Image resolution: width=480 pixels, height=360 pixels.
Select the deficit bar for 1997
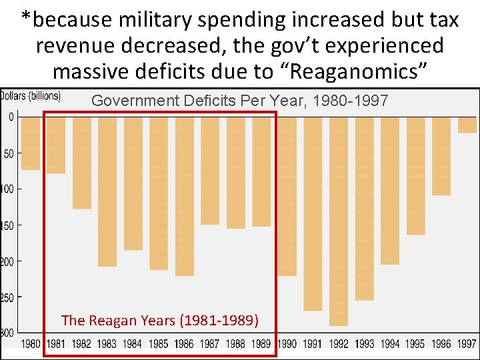467,125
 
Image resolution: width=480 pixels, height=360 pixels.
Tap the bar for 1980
31,143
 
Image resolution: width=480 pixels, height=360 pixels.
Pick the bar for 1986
185,196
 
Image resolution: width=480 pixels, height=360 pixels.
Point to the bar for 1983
107,191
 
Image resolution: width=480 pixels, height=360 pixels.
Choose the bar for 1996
441,156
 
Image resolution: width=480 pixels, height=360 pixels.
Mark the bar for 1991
313,213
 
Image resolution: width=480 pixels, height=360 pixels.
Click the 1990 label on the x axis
287,344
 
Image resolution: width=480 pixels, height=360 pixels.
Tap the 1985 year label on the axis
159,344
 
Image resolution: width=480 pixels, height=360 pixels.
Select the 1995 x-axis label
415,344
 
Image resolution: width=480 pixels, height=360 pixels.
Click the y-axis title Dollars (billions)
31,96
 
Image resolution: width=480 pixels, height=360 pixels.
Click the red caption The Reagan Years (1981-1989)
160,320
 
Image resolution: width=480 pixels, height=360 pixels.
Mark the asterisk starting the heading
25,18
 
